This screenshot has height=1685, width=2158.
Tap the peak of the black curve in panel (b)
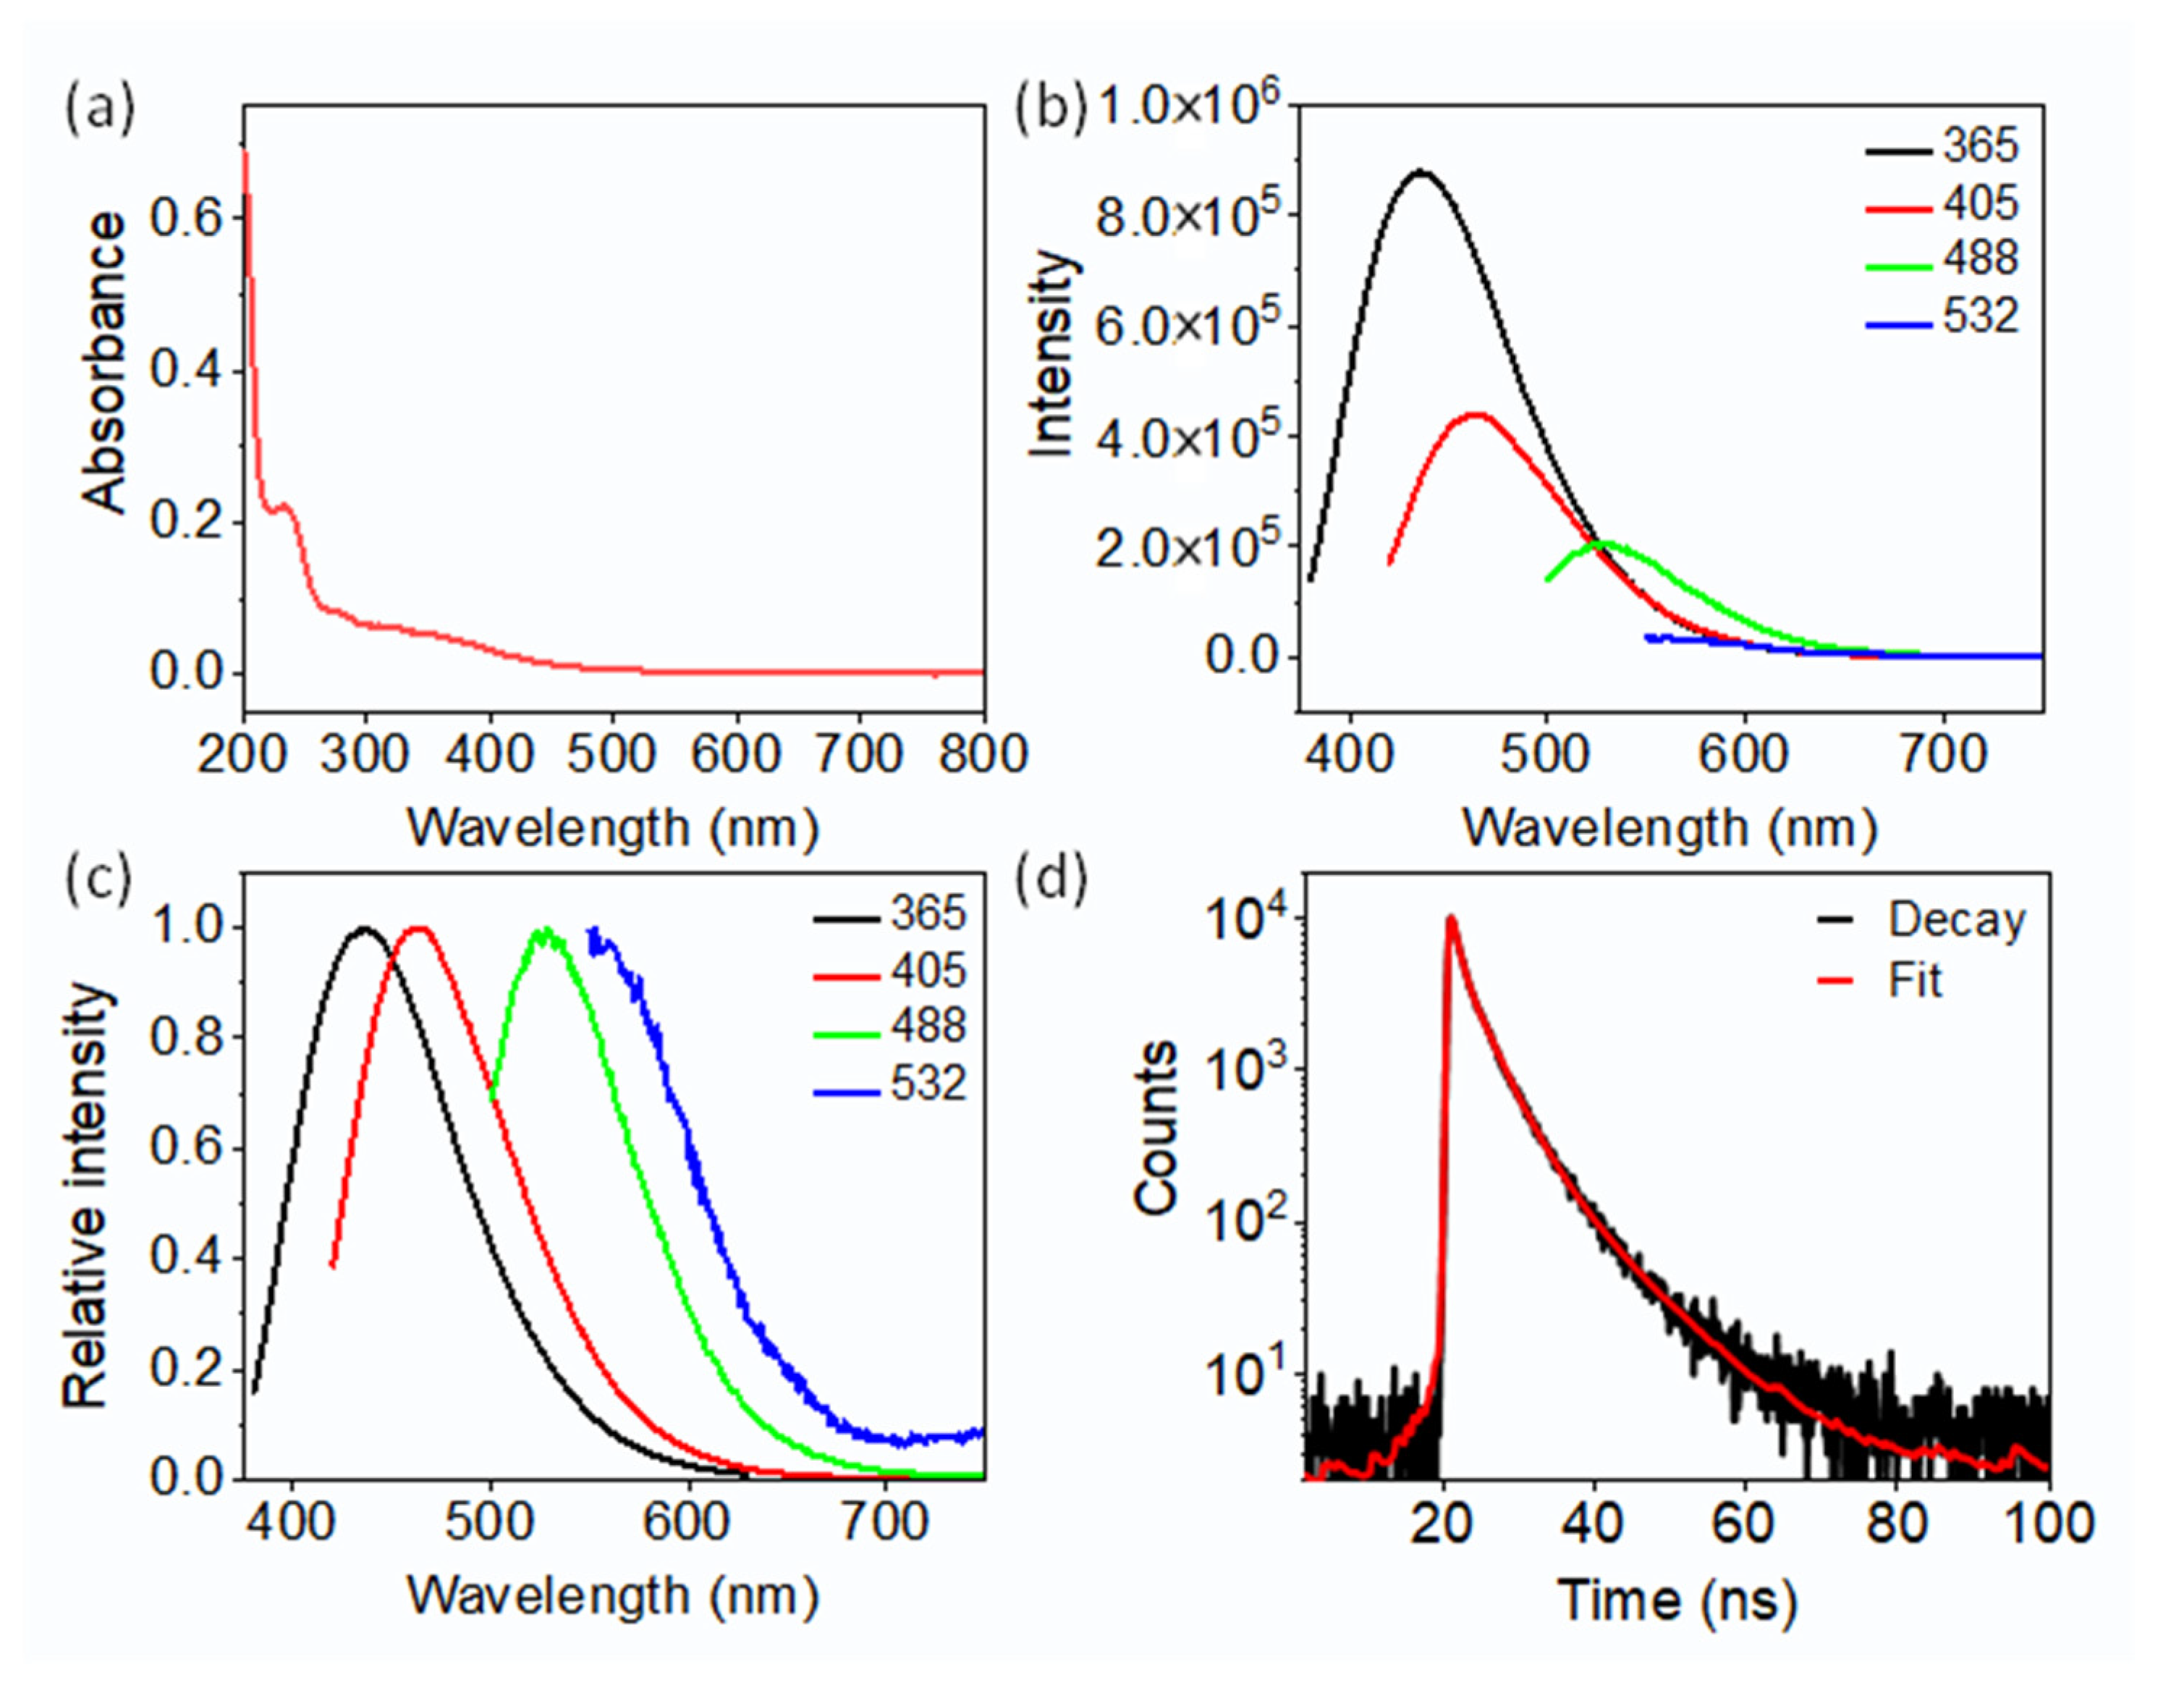(x=1421, y=173)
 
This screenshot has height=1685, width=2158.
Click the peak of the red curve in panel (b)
(x=1476, y=415)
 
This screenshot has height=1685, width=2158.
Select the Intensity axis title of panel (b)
(x=1052, y=355)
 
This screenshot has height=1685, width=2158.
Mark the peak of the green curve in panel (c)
(x=543, y=931)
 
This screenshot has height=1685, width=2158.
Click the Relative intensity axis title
(x=86, y=1196)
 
